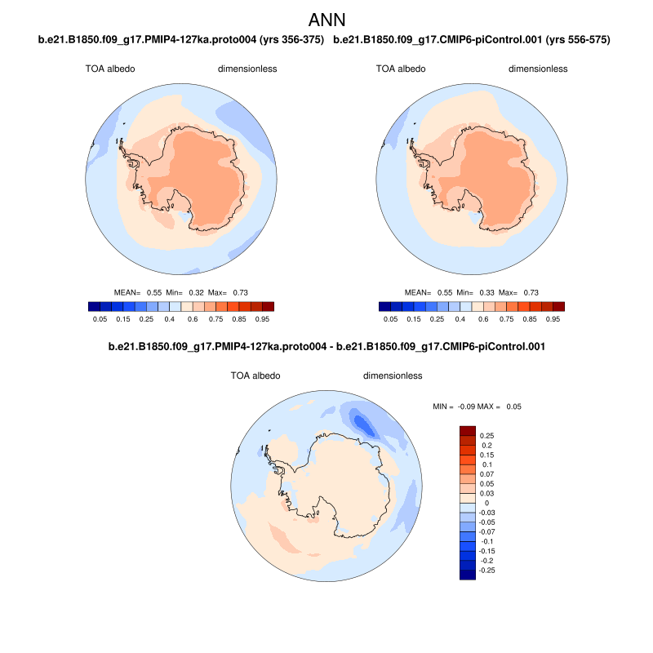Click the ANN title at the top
(326, 18)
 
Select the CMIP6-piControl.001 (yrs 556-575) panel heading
(473, 39)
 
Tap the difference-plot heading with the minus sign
(326, 347)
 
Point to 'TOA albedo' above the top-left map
(109, 69)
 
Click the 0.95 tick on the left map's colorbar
(263, 319)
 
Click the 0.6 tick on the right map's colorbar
(485, 319)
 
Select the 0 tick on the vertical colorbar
(486, 503)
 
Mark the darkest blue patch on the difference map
(360, 420)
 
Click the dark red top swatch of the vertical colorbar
(468, 430)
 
